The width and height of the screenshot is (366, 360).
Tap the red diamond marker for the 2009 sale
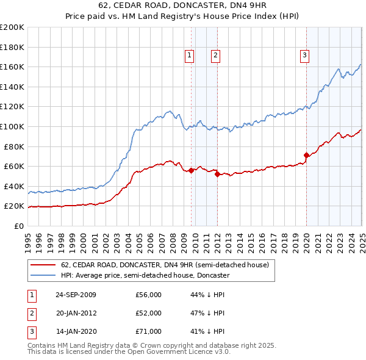[x=192, y=170]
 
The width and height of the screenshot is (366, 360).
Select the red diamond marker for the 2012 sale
[x=217, y=175]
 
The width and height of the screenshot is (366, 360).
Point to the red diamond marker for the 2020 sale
[x=306, y=155]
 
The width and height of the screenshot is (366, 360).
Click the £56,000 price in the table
[x=148, y=295]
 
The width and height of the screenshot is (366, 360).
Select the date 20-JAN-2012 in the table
[x=76, y=313]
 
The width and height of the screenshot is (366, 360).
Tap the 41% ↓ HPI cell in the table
[x=207, y=331]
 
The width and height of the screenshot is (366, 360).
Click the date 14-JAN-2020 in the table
[x=76, y=331]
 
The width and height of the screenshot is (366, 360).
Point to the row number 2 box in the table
[x=30, y=313]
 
